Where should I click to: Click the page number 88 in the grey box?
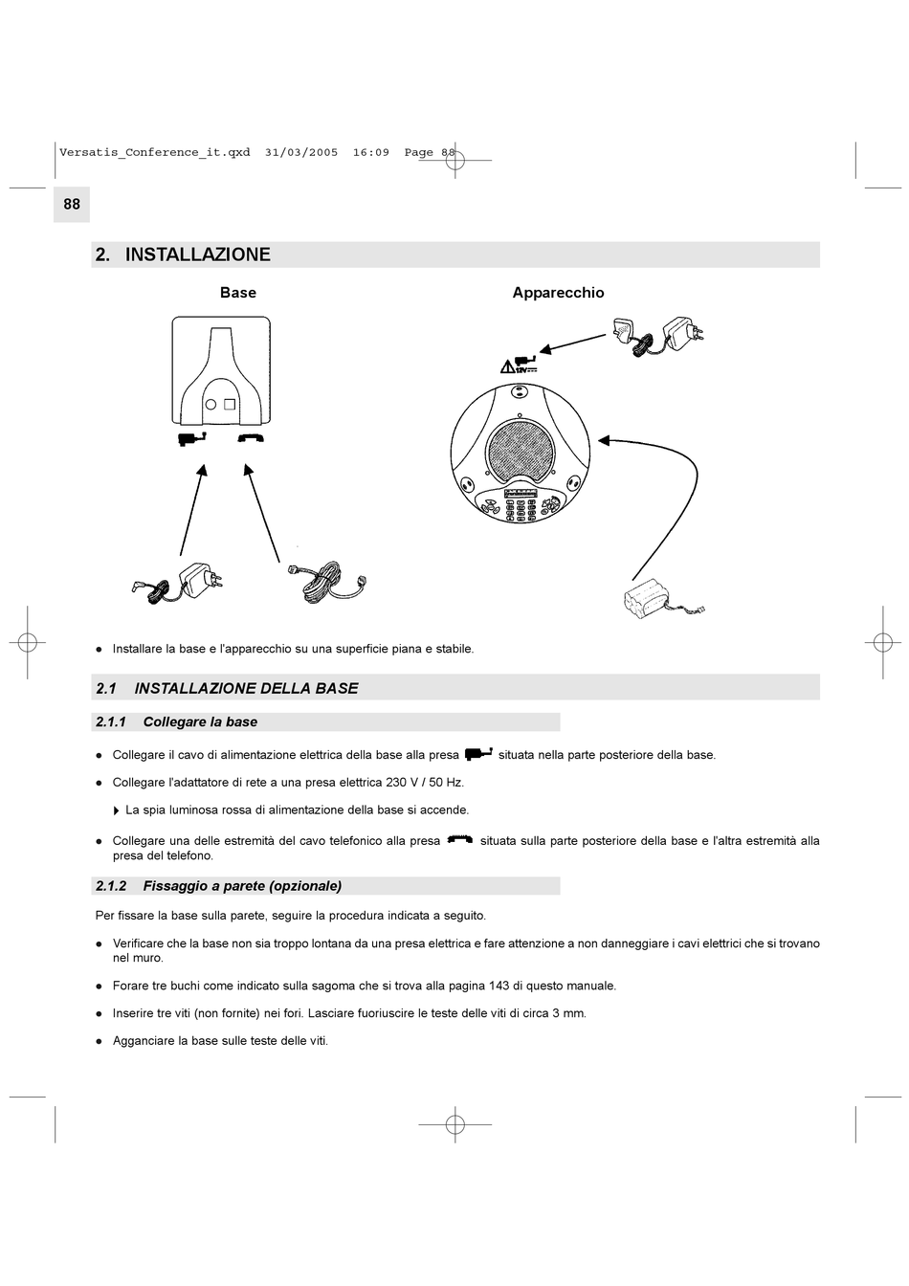(72, 204)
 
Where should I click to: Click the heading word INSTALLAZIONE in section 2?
(198, 255)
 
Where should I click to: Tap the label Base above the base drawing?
(238, 293)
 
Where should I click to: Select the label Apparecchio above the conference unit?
(558, 293)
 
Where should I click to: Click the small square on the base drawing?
(230, 404)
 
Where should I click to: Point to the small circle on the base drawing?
(211, 404)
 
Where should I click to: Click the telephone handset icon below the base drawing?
(251, 438)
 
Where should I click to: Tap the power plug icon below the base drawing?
(192, 438)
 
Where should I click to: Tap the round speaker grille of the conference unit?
(521, 447)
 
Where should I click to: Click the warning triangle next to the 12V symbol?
(507, 366)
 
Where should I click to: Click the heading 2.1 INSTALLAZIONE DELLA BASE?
(246, 688)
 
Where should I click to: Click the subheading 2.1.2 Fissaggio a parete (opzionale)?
(242, 886)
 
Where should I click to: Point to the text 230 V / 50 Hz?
(424, 783)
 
